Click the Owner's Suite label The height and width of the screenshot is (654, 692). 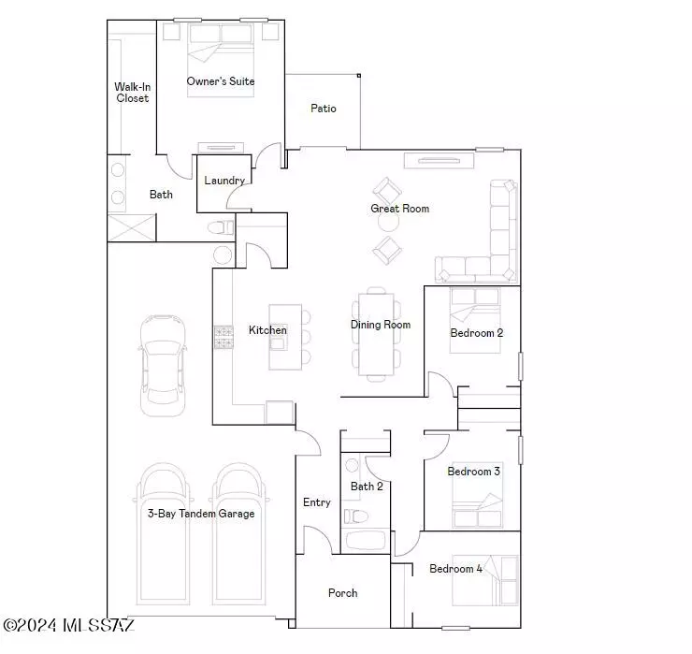220,81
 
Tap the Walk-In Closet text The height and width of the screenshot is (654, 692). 133,93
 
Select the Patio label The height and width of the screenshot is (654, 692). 324,109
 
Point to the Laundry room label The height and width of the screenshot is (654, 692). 224,181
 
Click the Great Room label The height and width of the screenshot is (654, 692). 400,209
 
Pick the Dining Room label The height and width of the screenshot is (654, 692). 381,325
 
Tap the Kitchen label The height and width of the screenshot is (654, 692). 267,330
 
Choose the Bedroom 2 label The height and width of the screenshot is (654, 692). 477,333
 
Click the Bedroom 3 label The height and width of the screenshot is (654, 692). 473,472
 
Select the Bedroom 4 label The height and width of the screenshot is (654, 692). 456,568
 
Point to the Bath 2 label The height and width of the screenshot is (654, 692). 367,487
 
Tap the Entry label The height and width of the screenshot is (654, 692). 317,502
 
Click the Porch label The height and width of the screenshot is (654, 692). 343,593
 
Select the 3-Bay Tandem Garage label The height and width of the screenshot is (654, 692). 201,513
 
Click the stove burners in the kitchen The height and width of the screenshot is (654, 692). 223,338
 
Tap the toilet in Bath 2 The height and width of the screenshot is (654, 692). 356,516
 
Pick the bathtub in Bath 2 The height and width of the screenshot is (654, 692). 366,540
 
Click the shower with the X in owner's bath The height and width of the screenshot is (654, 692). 132,228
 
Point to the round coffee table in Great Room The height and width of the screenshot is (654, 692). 388,222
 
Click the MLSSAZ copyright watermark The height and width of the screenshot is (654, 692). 68,625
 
